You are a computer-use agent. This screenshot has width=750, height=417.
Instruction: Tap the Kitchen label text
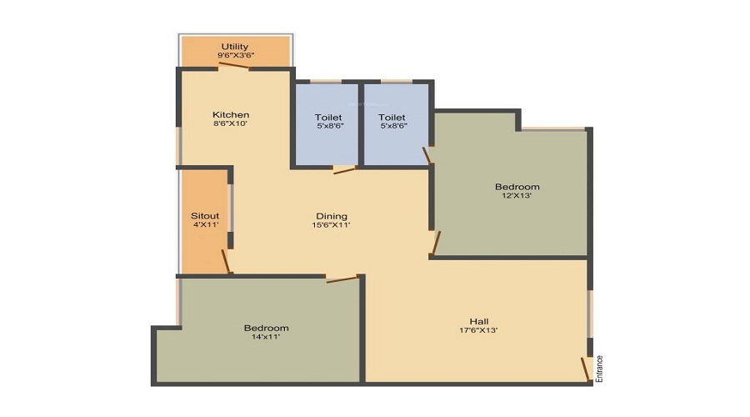pyautogui.click(x=231, y=114)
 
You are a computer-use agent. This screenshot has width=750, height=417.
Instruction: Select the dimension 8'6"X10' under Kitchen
pyautogui.click(x=231, y=123)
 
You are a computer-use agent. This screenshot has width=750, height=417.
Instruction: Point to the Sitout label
pyautogui.click(x=205, y=216)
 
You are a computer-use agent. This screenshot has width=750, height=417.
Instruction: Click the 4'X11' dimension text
pyautogui.click(x=205, y=225)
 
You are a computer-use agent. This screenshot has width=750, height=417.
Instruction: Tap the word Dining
pyautogui.click(x=331, y=216)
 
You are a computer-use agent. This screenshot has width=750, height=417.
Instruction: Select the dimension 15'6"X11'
pyautogui.click(x=331, y=225)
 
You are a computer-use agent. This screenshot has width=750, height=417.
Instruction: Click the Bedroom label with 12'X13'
pyautogui.click(x=517, y=187)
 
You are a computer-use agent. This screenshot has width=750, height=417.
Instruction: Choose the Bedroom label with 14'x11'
pyautogui.click(x=266, y=328)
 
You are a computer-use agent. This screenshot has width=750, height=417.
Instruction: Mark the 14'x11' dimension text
pyautogui.click(x=266, y=337)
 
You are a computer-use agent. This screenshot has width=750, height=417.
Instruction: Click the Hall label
pyautogui.click(x=479, y=321)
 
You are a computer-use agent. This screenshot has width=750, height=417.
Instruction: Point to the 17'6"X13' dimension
pyautogui.click(x=479, y=330)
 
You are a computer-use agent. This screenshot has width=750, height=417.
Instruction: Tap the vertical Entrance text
pyautogui.click(x=599, y=369)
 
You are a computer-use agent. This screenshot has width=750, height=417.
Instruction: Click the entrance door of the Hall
pyautogui.click(x=586, y=367)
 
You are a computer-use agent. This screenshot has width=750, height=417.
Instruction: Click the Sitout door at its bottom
pyautogui.click(x=226, y=260)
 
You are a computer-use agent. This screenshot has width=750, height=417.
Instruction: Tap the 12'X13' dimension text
pyautogui.click(x=517, y=196)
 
